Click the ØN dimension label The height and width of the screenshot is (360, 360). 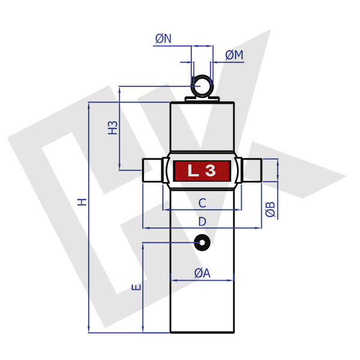click(163, 39)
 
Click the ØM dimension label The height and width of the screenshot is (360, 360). click(235, 55)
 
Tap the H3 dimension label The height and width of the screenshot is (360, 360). click(112, 128)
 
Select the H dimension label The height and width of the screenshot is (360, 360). click(83, 202)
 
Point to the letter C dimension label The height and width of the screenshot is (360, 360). click(202, 203)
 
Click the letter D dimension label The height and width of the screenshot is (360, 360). click(202, 221)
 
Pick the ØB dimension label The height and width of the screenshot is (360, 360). click(271, 209)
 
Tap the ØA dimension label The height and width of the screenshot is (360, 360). click(202, 273)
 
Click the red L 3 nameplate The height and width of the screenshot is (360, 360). click(202, 171)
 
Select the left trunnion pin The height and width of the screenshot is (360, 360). click(151, 171)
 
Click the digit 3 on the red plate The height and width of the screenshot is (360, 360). click(210, 171)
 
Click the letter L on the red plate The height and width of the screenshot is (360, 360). click(193, 171)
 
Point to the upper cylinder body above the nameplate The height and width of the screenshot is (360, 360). click(202, 126)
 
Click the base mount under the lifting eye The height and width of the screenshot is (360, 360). click(202, 98)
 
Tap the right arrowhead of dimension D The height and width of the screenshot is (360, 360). click(259, 228)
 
